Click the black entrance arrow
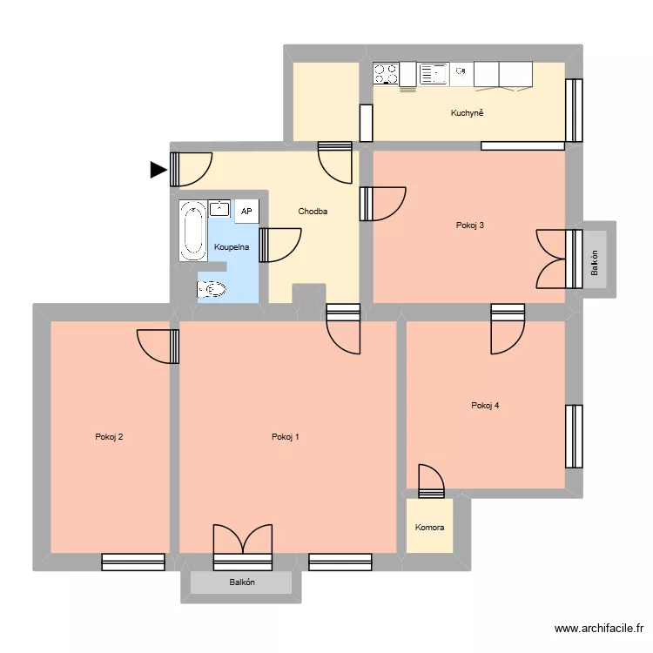(x=158, y=170)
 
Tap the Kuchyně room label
(x=467, y=113)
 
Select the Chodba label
(x=313, y=212)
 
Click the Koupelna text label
(x=232, y=247)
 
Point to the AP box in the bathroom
(x=246, y=212)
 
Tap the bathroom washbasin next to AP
(x=219, y=209)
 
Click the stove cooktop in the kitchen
(x=387, y=74)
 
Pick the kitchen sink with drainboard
(x=433, y=74)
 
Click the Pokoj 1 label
(x=286, y=437)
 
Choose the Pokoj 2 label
(x=109, y=437)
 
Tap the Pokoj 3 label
(x=470, y=226)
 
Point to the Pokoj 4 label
(x=485, y=405)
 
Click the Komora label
(x=429, y=528)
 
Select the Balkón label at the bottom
(x=242, y=582)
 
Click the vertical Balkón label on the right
(x=595, y=263)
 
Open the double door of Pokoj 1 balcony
(x=243, y=540)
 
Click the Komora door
(x=431, y=481)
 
